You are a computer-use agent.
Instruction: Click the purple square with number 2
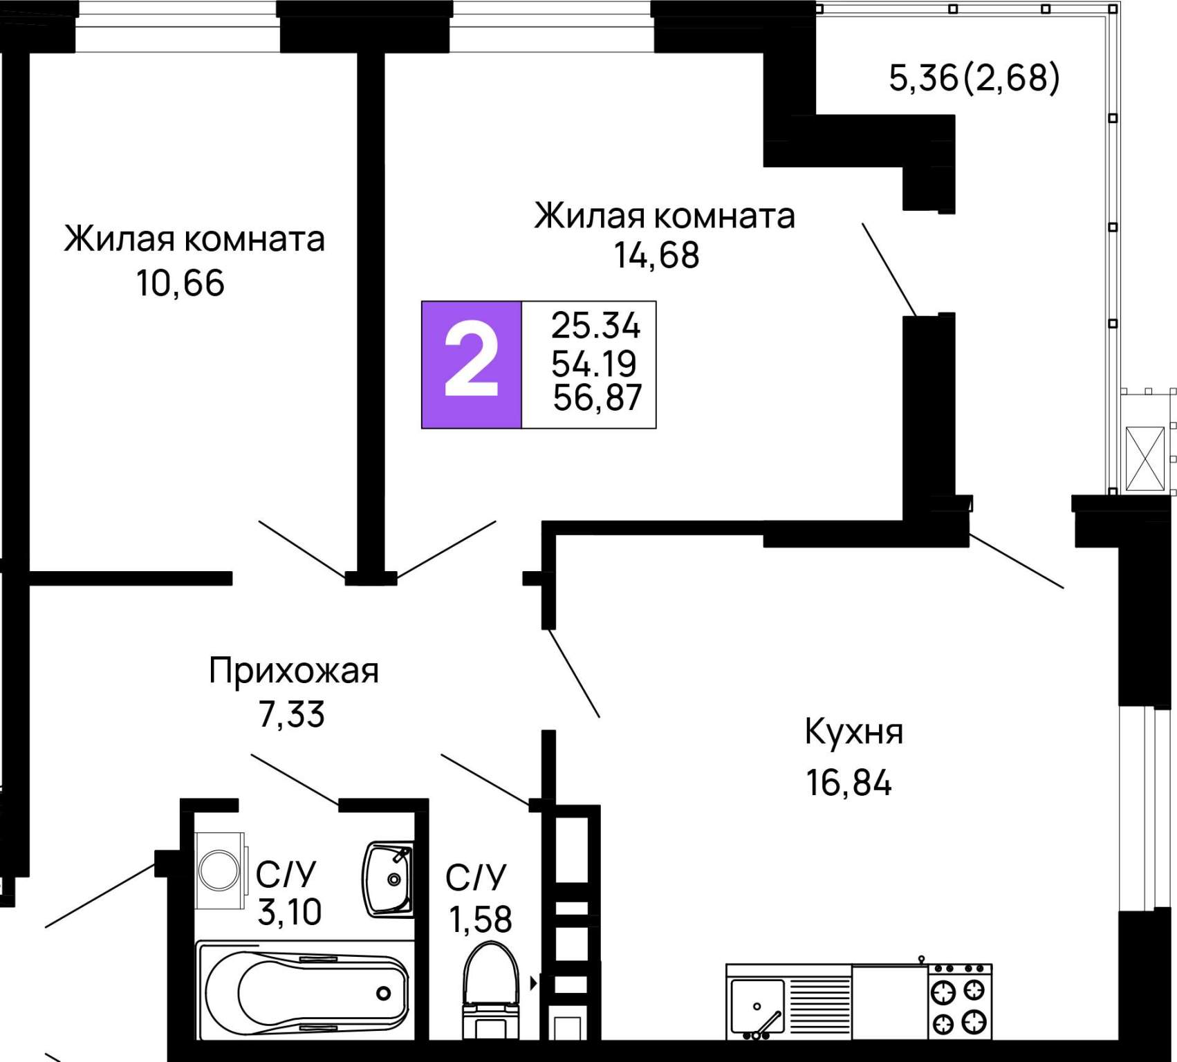coord(471,364)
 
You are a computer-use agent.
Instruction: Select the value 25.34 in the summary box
coord(595,326)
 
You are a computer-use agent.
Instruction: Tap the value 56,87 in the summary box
coord(597,398)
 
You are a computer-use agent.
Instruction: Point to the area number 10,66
coord(180,283)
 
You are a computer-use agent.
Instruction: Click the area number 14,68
coord(656,255)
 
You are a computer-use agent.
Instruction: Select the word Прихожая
coord(294,671)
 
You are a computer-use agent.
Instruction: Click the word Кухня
coord(853,732)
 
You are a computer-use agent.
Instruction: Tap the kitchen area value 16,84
coord(849,783)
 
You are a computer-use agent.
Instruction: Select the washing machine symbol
coord(221,870)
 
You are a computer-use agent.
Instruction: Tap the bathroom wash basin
coord(389,879)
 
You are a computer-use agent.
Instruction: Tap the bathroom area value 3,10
coord(289,913)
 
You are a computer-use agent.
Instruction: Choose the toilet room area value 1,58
coord(480,920)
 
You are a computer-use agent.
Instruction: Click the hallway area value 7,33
coord(291,715)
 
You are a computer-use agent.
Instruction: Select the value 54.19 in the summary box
coord(593,363)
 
